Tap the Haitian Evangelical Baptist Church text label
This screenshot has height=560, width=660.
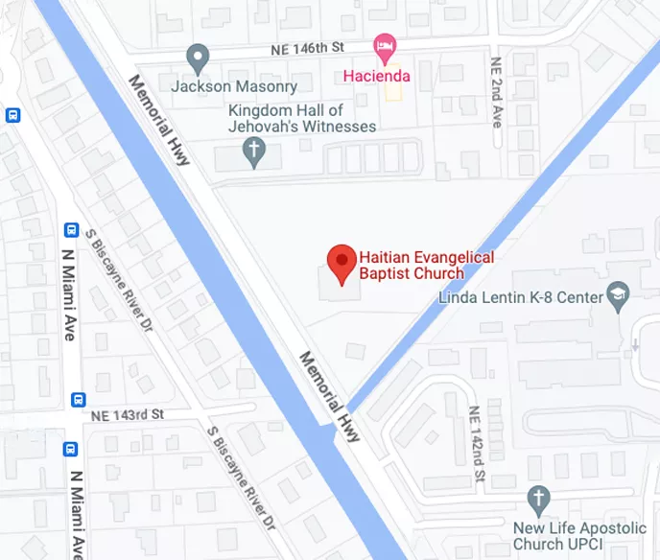click(426, 265)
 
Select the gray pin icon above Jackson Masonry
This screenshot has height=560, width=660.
click(199, 58)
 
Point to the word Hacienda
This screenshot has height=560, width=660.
click(377, 76)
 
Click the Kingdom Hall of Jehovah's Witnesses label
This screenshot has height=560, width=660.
click(301, 118)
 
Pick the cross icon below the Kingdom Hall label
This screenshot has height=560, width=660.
click(253, 150)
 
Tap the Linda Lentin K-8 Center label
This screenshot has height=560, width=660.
click(519, 297)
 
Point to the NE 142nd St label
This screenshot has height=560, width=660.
click(475, 442)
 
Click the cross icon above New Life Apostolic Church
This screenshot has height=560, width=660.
click(539, 499)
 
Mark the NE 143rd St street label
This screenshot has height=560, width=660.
click(129, 415)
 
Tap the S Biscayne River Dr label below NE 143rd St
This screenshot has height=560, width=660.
click(242, 478)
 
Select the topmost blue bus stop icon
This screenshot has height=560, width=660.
click(12, 115)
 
